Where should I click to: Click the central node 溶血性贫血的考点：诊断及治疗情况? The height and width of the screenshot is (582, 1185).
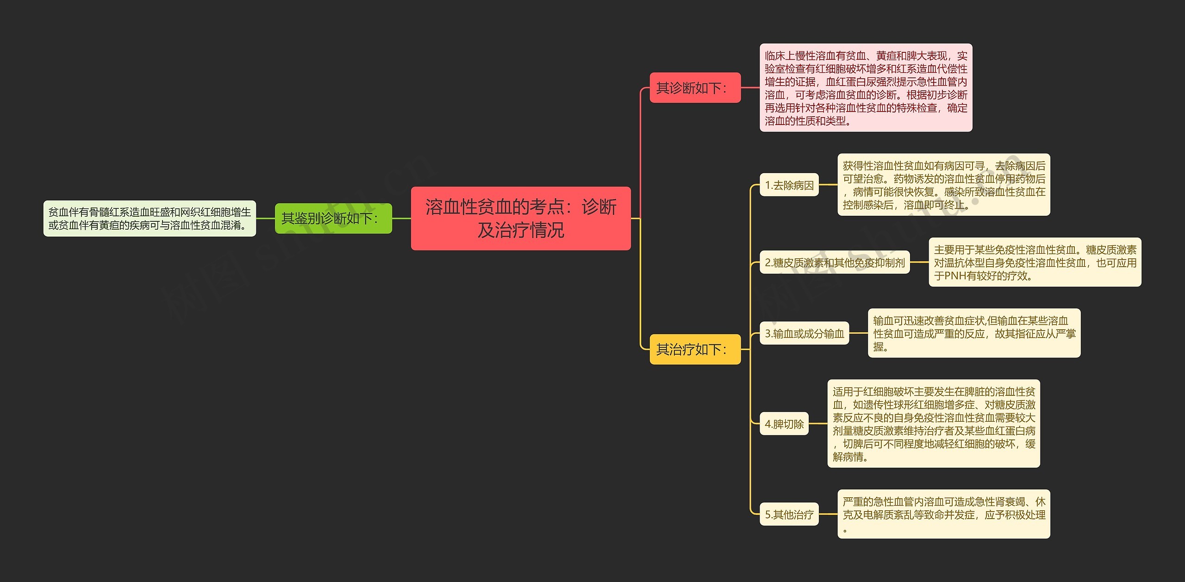tap(521, 218)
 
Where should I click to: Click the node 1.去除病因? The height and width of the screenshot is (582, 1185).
tap(789, 185)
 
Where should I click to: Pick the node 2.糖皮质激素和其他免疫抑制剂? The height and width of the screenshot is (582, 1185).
tap(835, 262)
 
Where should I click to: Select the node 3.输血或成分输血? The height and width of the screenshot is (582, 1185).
tap(805, 333)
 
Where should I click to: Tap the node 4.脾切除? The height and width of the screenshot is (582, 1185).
tap(784, 423)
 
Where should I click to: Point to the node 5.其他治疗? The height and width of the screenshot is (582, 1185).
tap(789, 514)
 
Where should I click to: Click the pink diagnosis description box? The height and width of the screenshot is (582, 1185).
tap(866, 88)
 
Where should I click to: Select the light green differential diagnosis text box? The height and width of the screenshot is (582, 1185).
tap(150, 218)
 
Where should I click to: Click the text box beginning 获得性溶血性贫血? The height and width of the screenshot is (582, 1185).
tap(944, 185)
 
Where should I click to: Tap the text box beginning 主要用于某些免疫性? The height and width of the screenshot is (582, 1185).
tap(1035, 262)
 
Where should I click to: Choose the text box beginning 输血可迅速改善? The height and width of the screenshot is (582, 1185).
tap(974, 333)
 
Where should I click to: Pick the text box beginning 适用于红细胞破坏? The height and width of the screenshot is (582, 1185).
tap(934, 423)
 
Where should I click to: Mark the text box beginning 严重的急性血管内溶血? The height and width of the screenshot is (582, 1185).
tap(944, 514)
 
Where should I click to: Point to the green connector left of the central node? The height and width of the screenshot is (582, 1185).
tap(401, 218)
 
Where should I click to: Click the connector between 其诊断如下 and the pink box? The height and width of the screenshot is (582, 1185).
tap(750, 88)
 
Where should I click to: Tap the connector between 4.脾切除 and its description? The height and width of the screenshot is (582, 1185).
tap(818, 423)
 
